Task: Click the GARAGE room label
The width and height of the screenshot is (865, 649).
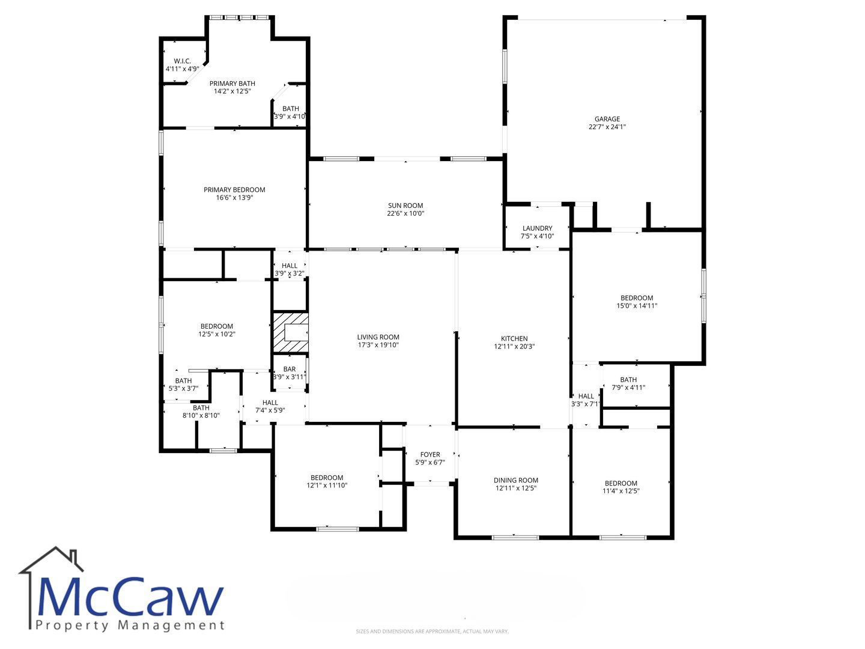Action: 607,118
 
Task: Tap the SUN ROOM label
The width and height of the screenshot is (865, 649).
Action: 405,206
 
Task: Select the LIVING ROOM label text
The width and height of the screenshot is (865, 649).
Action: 378,337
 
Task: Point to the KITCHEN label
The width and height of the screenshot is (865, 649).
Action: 514,338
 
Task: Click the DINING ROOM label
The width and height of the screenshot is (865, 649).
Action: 516,480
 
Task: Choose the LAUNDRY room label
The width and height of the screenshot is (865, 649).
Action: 537,228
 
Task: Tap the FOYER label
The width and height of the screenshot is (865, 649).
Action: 430,454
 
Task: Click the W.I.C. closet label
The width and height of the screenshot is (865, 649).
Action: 182,61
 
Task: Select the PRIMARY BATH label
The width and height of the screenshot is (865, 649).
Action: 232,84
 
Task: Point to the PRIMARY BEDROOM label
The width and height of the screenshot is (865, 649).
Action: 234,189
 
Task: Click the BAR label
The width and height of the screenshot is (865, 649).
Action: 290,369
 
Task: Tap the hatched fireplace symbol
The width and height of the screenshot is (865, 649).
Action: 291,332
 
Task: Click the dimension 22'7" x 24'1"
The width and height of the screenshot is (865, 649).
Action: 607,126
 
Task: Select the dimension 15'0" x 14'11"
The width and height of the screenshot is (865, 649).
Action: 637,305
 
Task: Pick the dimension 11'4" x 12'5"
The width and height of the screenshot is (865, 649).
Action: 621,490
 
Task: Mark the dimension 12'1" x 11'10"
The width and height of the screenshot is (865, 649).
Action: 327,485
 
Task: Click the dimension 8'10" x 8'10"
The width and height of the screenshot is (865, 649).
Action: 201,415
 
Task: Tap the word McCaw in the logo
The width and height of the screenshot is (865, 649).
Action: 130,597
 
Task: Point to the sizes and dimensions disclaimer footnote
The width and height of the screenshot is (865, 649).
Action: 432,631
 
